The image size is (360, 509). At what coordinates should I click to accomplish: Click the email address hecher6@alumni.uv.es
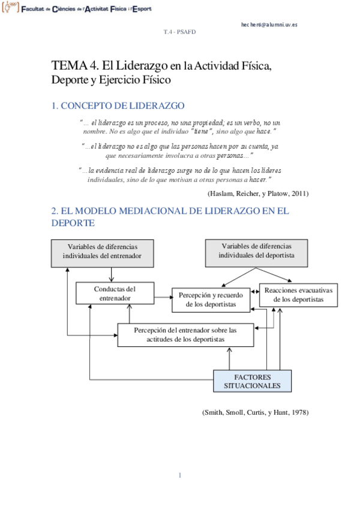tap(269, 25)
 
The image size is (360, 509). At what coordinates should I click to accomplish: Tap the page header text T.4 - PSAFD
tap(179, 32)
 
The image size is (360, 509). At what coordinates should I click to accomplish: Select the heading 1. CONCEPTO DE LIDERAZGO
tap(118, 106)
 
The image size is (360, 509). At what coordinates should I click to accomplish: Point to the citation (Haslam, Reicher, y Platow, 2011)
tap(258, 193)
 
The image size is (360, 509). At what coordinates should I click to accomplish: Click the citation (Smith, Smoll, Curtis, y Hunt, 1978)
tap(256, 413)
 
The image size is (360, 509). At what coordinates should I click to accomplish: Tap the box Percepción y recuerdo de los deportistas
tap(211, 300)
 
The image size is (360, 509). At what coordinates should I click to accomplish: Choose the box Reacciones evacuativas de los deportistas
tap(298, 295)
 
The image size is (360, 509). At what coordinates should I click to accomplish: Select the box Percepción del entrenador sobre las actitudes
tap(185, 334)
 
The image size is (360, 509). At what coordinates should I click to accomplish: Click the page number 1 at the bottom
tap(179, 476)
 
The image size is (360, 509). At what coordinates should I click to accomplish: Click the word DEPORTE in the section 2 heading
tap(73, 223)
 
